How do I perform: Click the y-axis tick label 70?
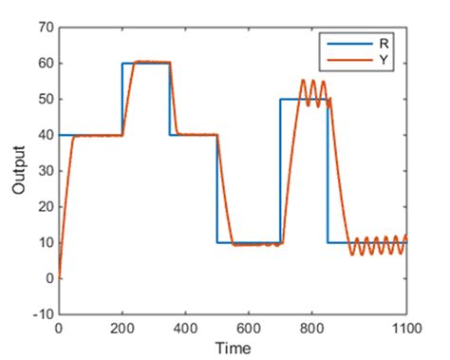pyautogui.click(x=44, y=28)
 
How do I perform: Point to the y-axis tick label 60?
pyautogui.click(x=44, y=64)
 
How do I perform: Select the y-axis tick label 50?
pyautogui.click(x=44, y=99)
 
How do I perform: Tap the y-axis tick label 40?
pyautogui.click(x=44, y=135)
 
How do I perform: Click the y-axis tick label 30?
pyautogui.click(x=44, y=171)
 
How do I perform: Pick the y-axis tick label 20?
pyautogui.click(x=44, y=207)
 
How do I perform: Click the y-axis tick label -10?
pyautogui.click(x=41, y=314)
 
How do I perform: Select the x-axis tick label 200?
pyautogui.click(x=122, y=328)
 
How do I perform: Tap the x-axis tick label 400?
pyautogui.click(x=185, y=328)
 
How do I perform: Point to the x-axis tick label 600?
pyautogui.click(x=249, y=328)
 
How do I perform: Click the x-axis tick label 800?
pyautogui.click(x=311, y=328)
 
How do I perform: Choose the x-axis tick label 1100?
pyautogui.click(x=405, y=328)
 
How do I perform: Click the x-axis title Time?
pyautogui.click(x=233, y=347)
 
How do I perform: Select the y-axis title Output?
pyautogui.click(x=18, y=171)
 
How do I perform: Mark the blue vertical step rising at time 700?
pyautogui.click(x=280, y=171)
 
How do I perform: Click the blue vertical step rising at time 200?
pyautogui.click(x=122, y=99)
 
